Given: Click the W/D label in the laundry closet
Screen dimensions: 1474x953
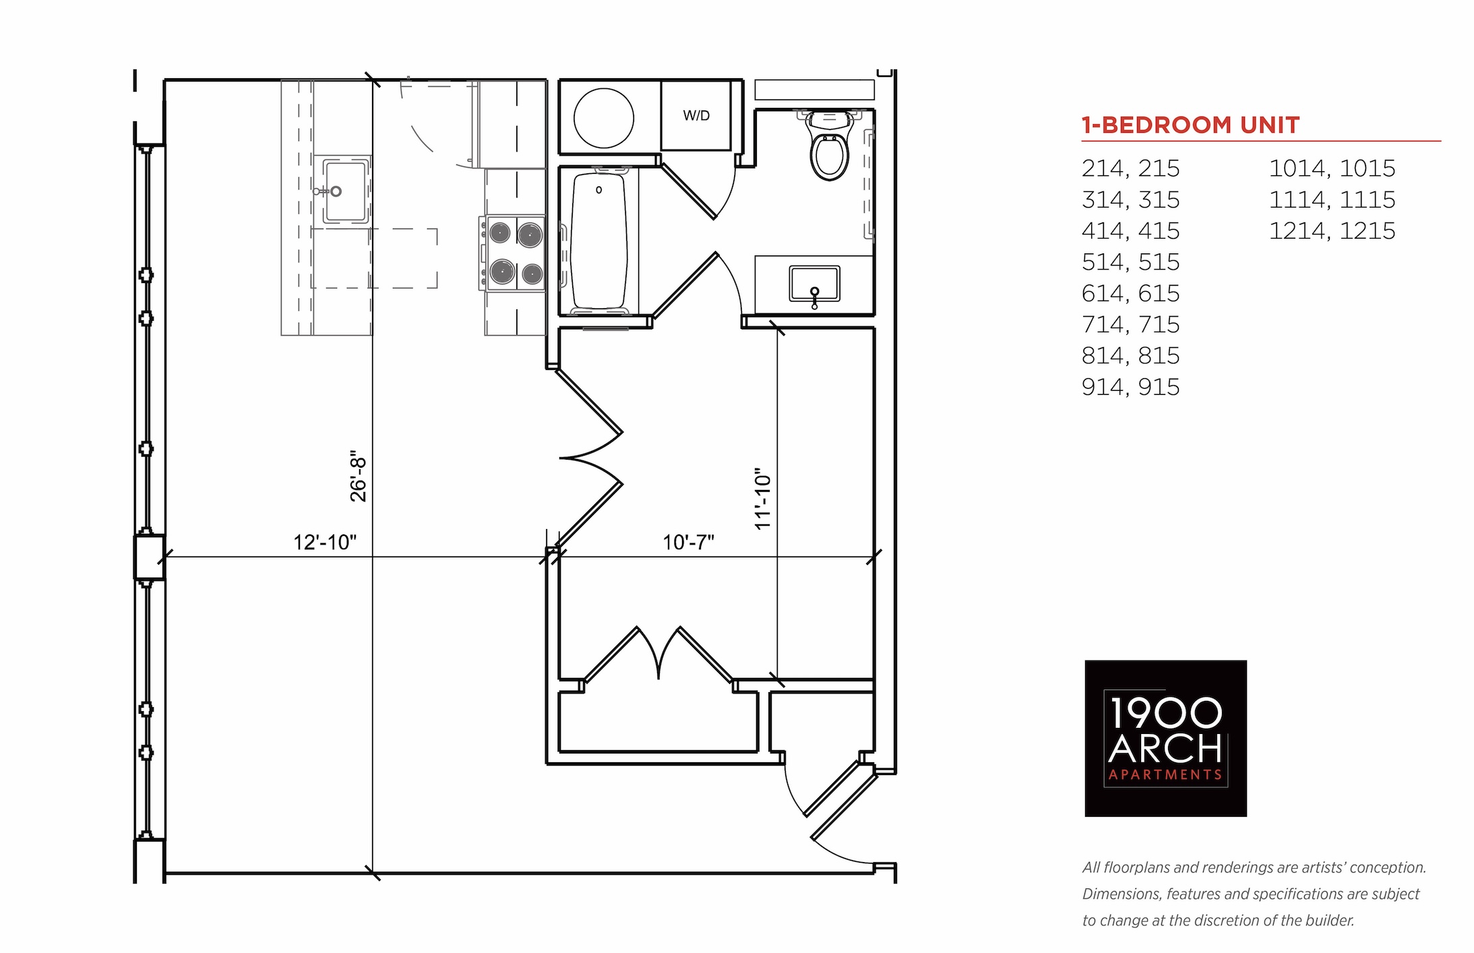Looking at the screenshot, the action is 696,115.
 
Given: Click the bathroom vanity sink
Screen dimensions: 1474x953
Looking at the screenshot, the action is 814,284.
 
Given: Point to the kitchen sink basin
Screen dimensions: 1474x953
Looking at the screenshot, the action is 346,191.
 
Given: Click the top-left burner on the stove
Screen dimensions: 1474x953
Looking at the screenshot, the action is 499,233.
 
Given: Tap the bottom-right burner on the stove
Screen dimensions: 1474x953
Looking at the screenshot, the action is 532,274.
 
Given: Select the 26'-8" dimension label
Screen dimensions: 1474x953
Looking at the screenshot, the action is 358,476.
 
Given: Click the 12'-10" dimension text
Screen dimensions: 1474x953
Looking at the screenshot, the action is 325,542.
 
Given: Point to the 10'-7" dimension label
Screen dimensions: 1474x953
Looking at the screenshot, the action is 688,542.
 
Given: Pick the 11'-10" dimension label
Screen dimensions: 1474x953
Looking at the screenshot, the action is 762,499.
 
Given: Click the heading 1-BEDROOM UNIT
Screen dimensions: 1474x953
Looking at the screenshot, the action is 1190,125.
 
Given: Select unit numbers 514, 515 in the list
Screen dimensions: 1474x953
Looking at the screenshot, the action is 1131,262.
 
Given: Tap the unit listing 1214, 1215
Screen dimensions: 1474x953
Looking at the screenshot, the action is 1332,230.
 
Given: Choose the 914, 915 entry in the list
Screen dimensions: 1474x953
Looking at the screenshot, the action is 1131,387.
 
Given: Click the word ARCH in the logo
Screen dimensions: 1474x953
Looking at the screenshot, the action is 1165,747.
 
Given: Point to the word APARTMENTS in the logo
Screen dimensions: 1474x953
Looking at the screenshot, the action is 1165,775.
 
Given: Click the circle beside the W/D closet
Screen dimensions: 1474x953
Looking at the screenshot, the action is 603,118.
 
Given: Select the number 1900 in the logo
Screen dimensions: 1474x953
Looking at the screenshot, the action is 1165,712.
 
